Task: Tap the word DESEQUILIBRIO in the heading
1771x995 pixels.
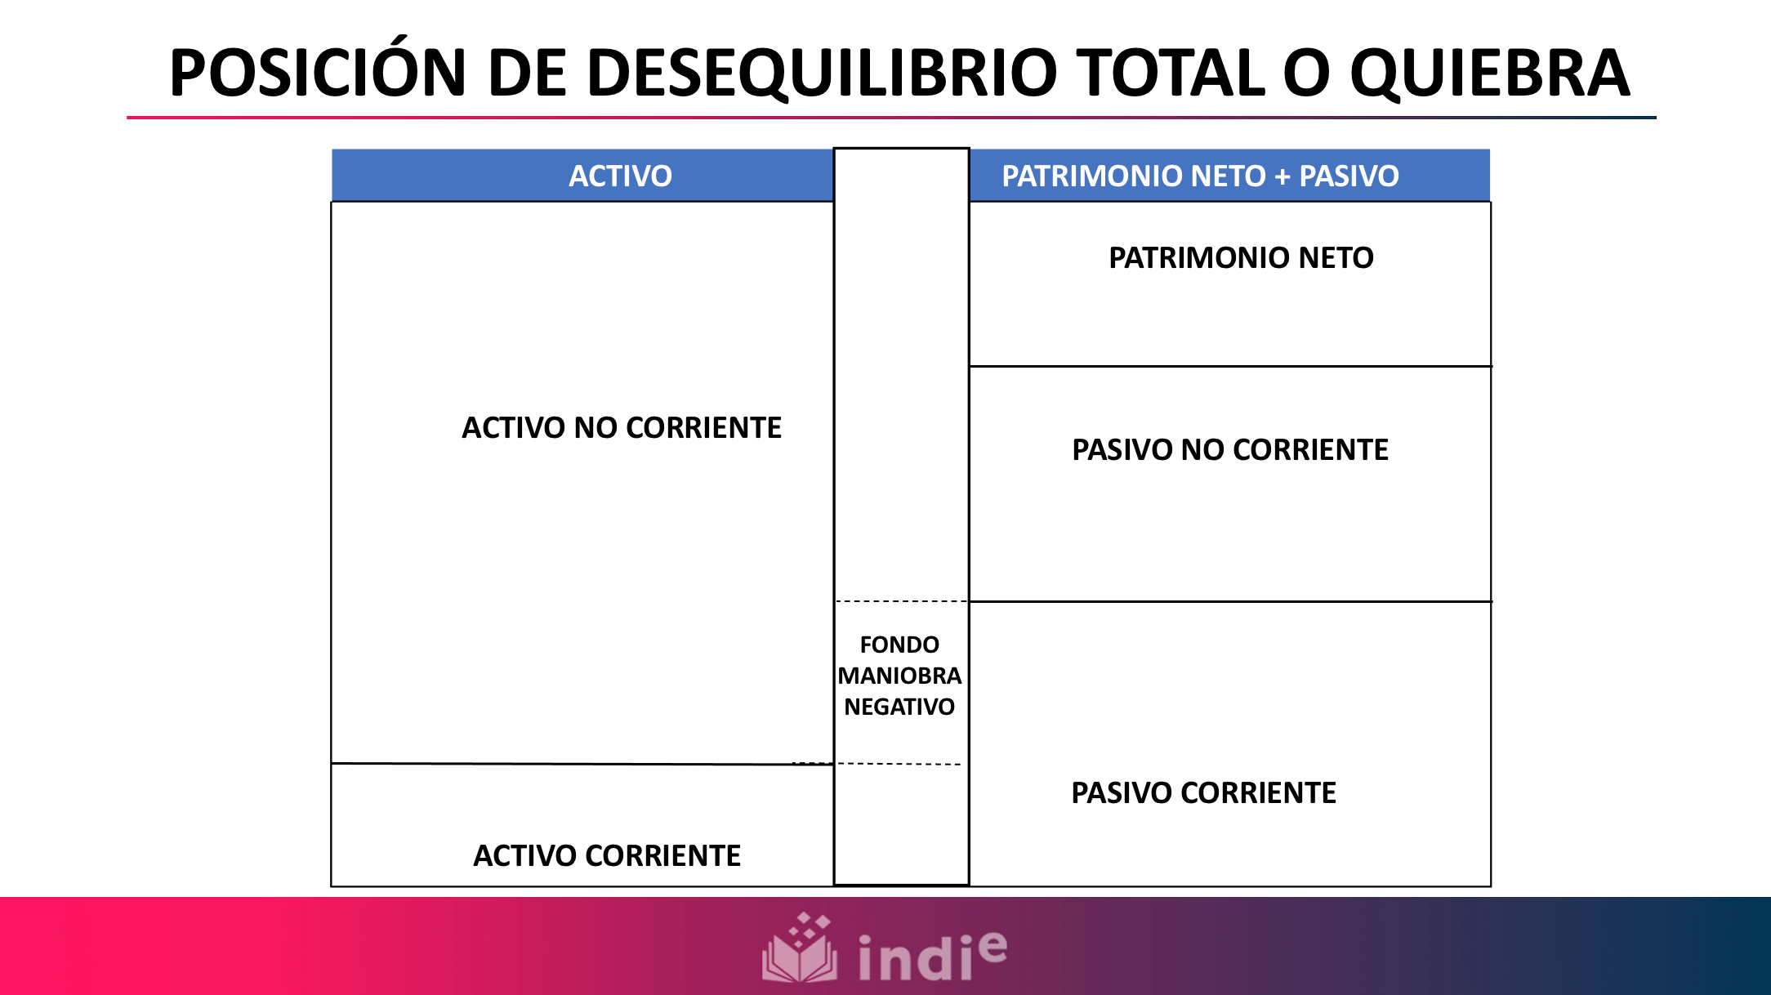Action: [819, 74]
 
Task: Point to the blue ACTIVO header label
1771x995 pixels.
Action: [620, 176]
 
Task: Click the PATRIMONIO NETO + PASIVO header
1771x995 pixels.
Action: [1200, 176]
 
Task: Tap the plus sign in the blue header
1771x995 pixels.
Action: [1283, 176]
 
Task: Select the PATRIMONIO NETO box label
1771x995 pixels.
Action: [1240, 258]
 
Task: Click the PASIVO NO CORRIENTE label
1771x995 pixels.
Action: [1229, 450]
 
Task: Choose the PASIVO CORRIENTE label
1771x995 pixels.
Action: [1203, 793]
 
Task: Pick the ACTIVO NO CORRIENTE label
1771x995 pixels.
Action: [621, 428]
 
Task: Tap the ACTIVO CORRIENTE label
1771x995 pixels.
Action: [607, 856]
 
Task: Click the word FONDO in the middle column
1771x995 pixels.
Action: [899, 645]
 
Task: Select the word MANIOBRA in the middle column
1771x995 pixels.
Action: [899, 676]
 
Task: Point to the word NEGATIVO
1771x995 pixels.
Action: [899, 707]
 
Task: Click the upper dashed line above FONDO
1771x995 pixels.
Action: [901, 601]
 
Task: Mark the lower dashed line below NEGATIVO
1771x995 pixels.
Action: [899, 764]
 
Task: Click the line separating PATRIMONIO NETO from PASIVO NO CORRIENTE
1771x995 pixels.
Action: [1229, 366]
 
